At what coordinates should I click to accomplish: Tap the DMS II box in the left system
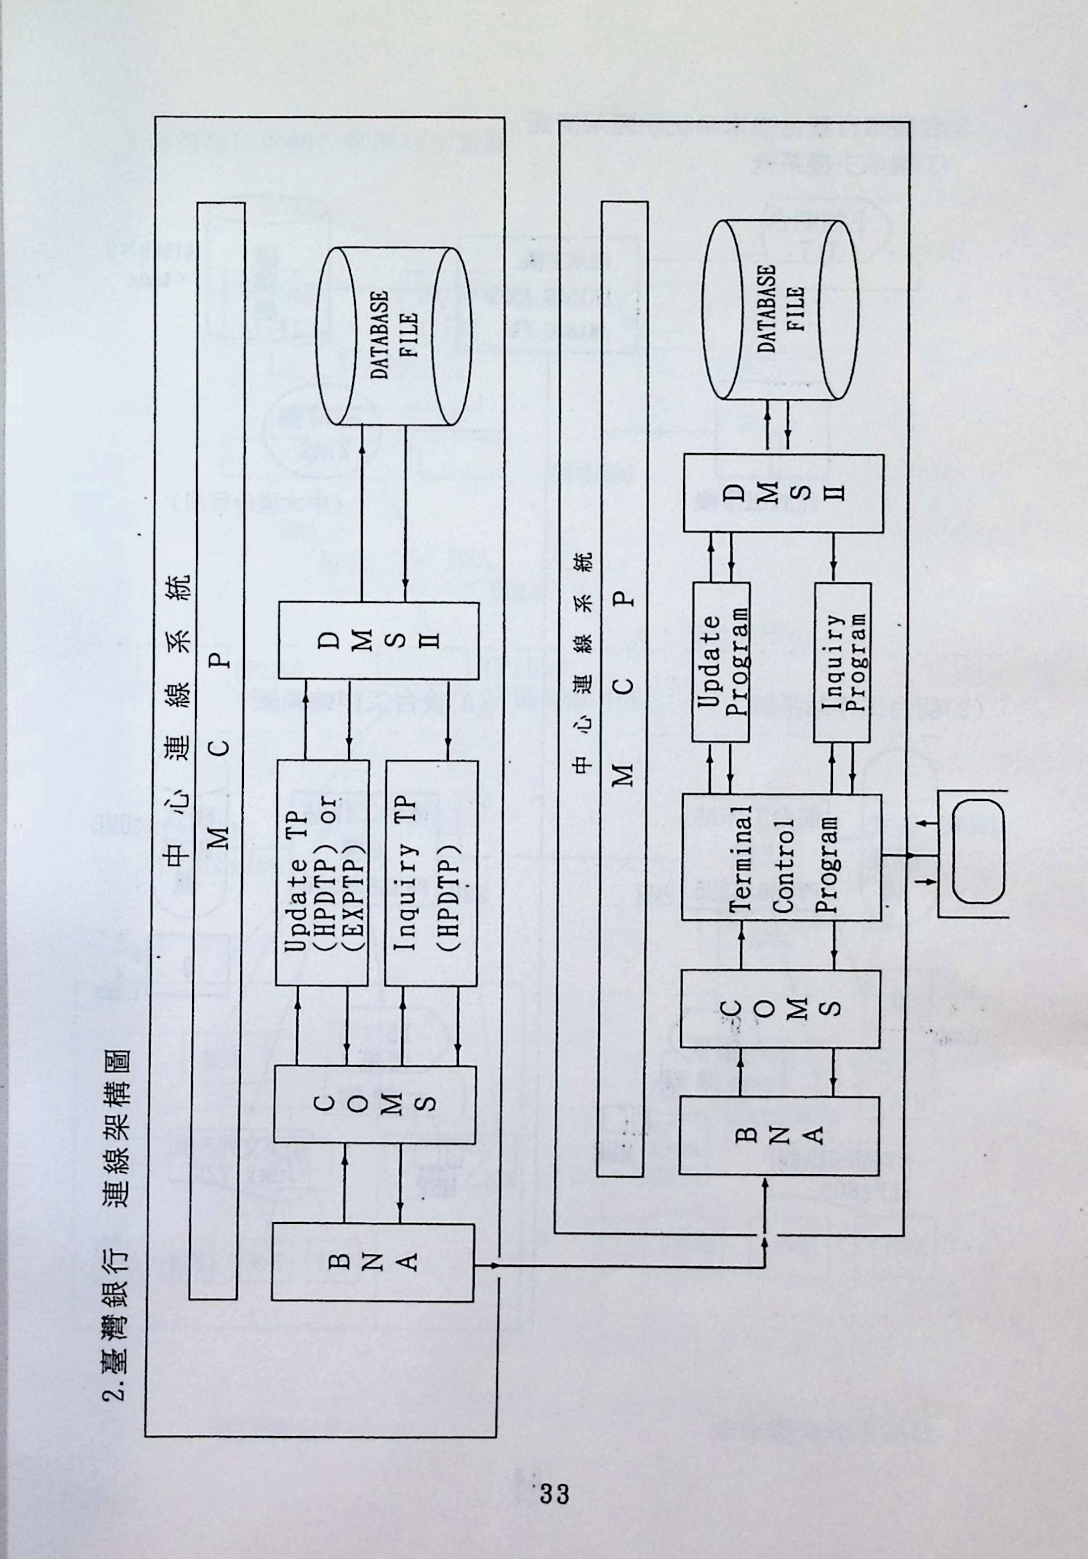pos(379,640)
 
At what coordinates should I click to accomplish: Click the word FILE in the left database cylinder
pos(407,334)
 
